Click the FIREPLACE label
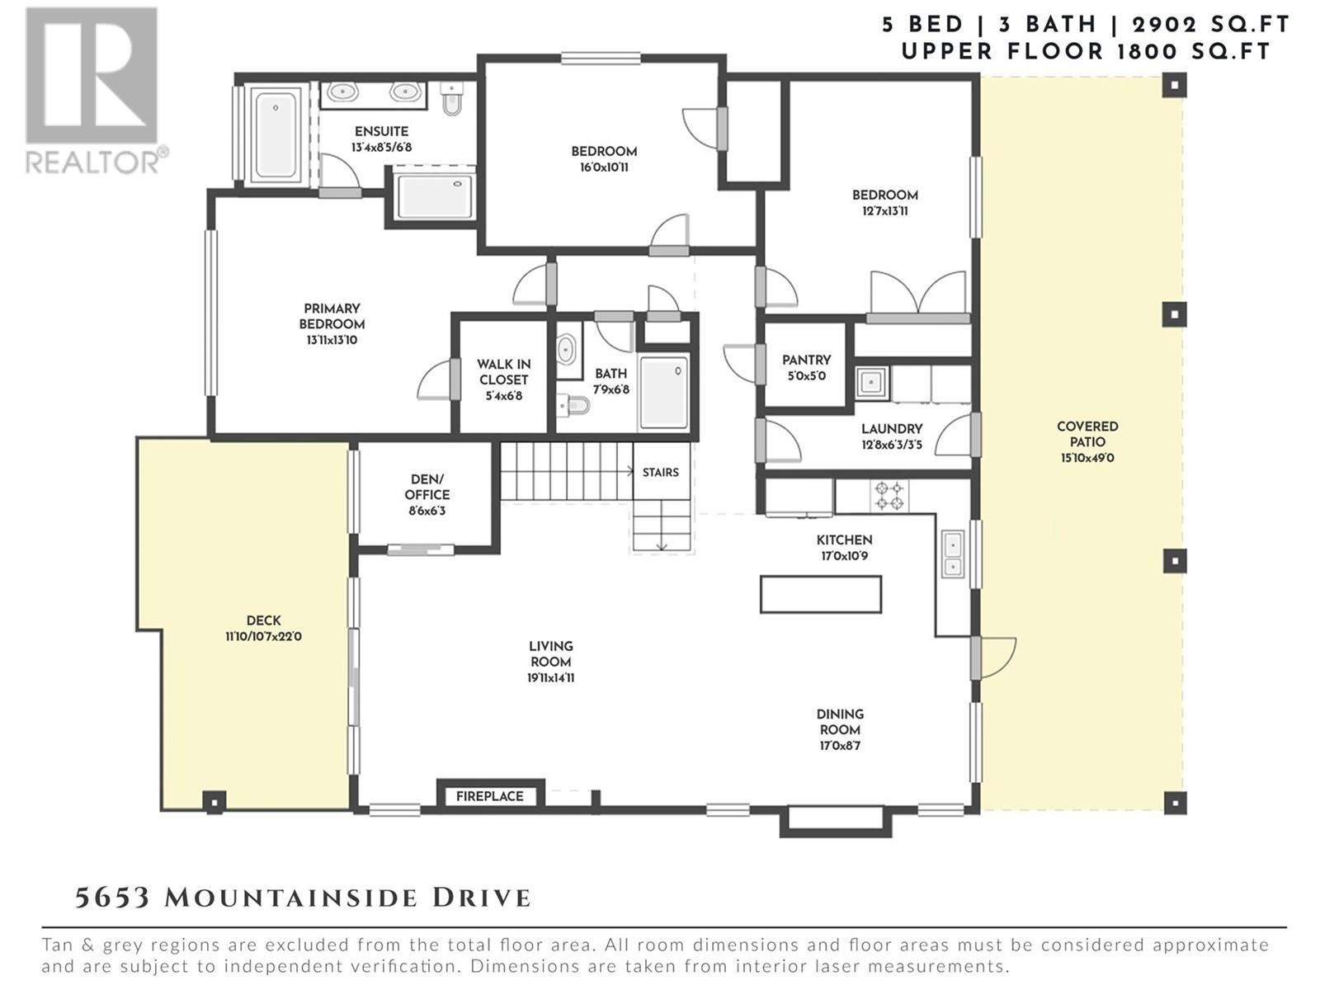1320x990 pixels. click(489, 796)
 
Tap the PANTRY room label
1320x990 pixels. click(806, 360)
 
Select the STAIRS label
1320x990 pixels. click(660, 473)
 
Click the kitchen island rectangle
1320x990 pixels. click(821, 595)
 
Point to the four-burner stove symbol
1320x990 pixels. click(889, 496)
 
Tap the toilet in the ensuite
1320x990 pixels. click(452, 98)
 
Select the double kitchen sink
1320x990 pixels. click(952, 554)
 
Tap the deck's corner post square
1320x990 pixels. click(214, 802)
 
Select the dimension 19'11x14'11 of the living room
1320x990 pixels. click(551, 678)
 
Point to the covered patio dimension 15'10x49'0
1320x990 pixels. click(1087, 458)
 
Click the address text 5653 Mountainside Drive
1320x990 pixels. click(303, 898)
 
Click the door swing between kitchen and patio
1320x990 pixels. click(997, 658)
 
